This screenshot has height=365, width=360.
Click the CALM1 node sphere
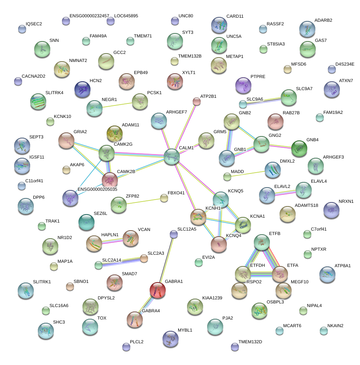pyautogui.click(x=172, y=156)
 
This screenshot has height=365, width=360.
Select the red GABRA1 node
pyautogui.click(x=158, y=290)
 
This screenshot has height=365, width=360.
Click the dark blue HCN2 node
pyautogui.click(x=82, y=89)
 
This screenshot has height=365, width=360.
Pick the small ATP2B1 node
pyautogui.click(x=197, y=101)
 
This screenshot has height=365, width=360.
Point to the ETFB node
pyautogui.click(x=262, y=242)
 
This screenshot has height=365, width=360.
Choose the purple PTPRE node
pyautogui.click(x=243, y=85)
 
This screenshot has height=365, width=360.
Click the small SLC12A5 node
pyautogui.click(x=173, y=234)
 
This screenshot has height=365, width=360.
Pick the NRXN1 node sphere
pyautogui.click(x=331, y=209)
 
